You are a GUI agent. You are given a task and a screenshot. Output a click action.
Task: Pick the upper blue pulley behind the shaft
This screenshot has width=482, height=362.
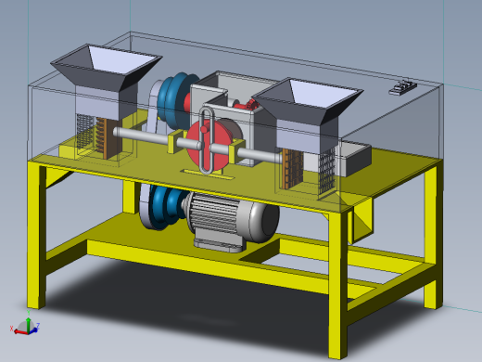pos(174,97)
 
